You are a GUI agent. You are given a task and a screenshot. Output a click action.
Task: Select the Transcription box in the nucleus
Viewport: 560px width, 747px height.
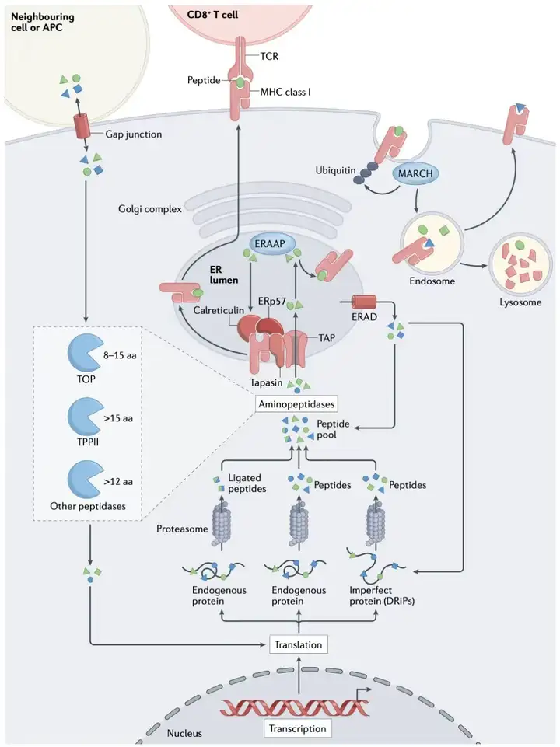[297, 728]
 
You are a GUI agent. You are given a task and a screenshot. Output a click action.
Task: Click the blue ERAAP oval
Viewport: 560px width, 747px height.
[268, 244]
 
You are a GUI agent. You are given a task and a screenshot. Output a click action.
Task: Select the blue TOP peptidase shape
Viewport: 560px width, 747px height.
[84, 354]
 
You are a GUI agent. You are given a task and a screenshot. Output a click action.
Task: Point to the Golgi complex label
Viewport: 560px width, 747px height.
[150, 209]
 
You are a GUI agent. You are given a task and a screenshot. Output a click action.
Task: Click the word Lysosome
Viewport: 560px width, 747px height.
[520, 302]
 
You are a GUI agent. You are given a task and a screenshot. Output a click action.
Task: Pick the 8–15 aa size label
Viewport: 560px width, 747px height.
[121, 355]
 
